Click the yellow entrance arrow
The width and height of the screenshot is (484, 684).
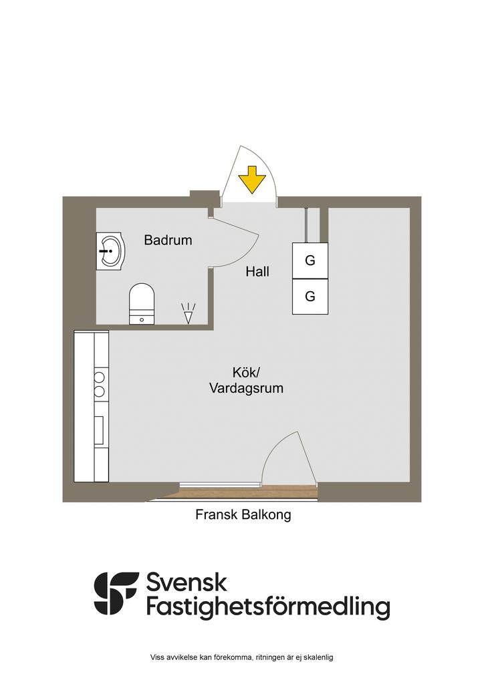[252, 179]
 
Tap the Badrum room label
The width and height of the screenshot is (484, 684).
[168, 240]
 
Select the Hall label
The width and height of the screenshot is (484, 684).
[257, 272]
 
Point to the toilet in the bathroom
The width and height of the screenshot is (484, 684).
[142, 304]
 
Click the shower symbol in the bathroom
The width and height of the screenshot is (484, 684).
[188, 313]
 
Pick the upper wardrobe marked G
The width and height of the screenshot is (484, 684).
[310, 261]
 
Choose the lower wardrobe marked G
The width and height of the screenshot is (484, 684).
[310, 297]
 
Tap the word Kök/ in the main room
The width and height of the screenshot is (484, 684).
[246, 373]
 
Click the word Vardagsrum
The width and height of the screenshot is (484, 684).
[246, 388]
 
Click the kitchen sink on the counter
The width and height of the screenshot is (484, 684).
[100, 430]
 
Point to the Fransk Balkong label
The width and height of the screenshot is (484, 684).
[243, 515]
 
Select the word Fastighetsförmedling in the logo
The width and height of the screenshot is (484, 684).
[268, 608]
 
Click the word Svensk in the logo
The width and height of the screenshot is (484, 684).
[187, 582]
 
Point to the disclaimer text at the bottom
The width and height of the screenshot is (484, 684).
[242, 657]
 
